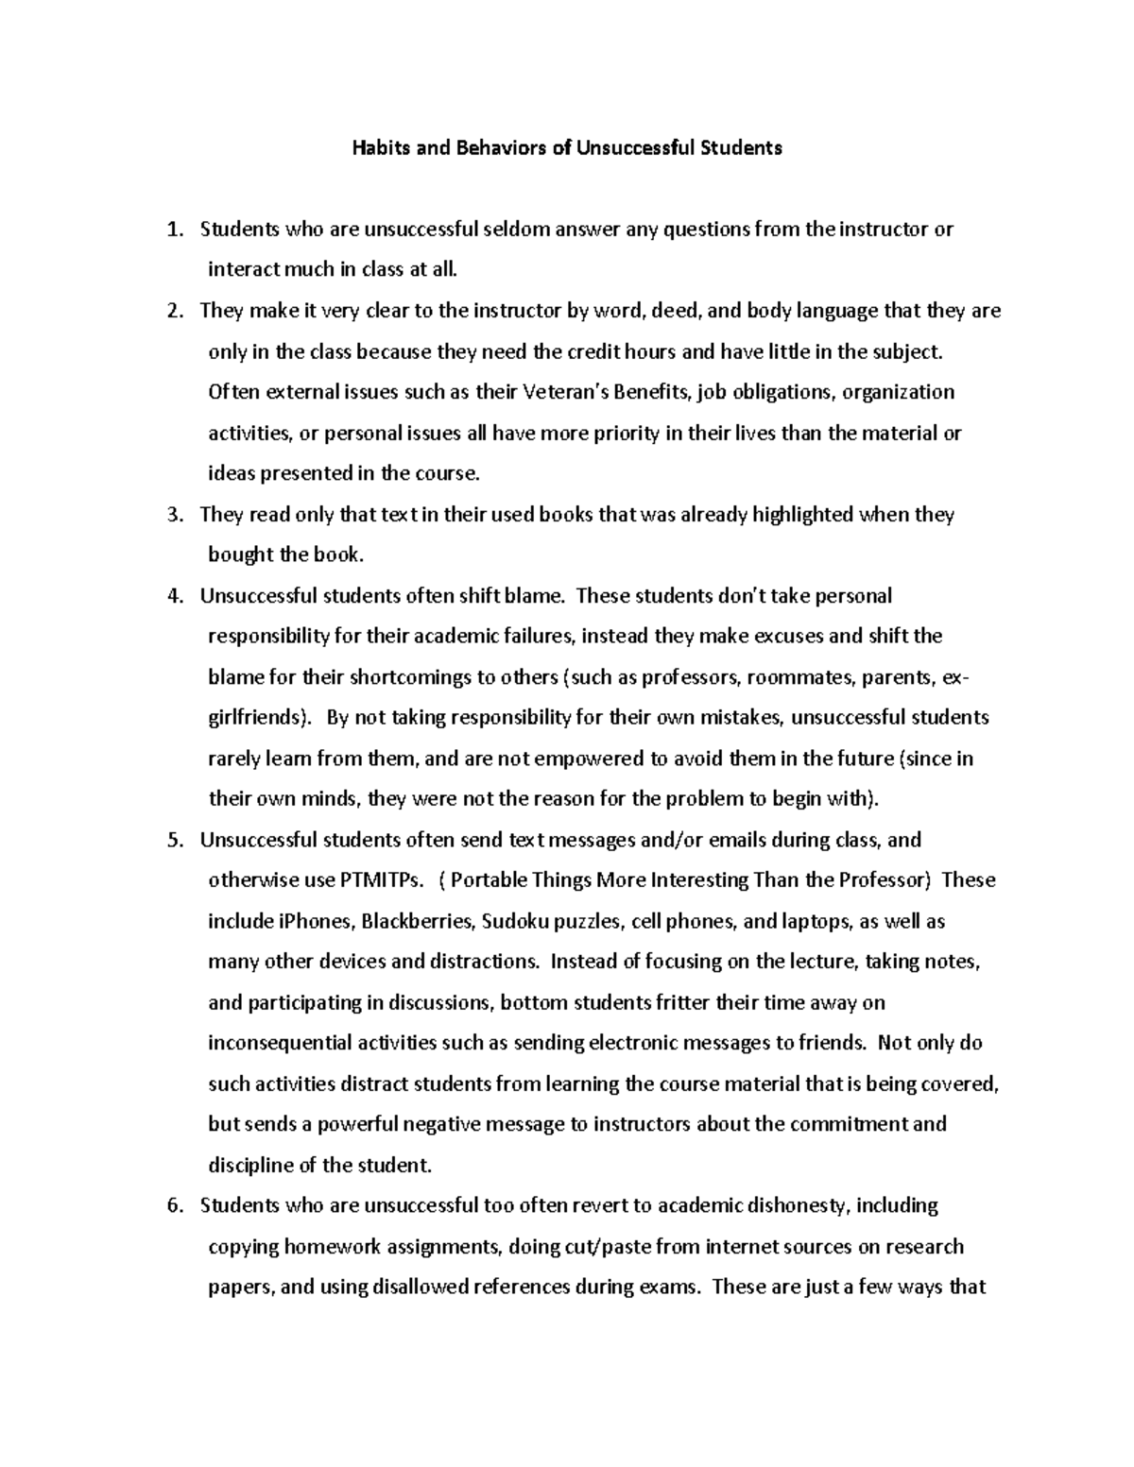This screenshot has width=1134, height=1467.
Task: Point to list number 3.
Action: [x=172, y=515]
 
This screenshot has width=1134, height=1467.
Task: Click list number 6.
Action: [x=172, y=1206]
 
